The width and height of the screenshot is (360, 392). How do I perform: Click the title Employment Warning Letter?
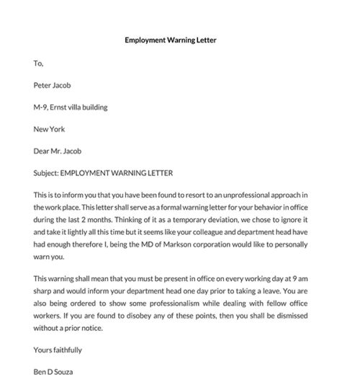(180, 40)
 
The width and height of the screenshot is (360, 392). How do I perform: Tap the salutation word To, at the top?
(39, 63)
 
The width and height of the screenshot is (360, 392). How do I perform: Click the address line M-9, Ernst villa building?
(71, 107)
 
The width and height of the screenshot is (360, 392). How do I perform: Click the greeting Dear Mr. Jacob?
(58, 151)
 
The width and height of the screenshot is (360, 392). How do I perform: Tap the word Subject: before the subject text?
(46, 174)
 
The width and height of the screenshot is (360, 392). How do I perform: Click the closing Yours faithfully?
(58, 350)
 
